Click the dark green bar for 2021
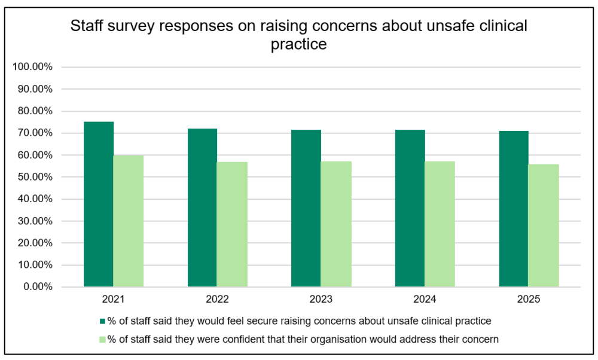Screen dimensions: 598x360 click(99, 204)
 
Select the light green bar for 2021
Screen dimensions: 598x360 click(129, 221)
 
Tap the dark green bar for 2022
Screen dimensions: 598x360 click(202, 208)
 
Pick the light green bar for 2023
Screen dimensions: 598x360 click(336, 224)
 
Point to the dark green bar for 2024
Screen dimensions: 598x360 click(410, 208)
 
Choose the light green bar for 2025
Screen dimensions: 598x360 click(544, 225)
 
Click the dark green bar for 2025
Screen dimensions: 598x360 click(514, 209)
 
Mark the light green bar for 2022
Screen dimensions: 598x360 click(232, 224)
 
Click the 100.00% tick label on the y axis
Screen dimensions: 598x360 click(32, 67)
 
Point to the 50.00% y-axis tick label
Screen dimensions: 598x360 click(35, 177)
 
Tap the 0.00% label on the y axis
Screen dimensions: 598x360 click(38, 286)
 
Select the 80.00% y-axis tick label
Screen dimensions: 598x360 click(35, 111)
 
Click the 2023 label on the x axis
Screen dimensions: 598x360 click(321, 299)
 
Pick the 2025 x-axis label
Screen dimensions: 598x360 click(529, 299)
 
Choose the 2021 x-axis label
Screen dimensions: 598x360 click(113, 299)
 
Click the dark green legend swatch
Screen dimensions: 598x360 click(102, 321)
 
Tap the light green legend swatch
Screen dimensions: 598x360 click(102, 340)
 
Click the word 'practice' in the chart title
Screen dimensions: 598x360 click(298, 44)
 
